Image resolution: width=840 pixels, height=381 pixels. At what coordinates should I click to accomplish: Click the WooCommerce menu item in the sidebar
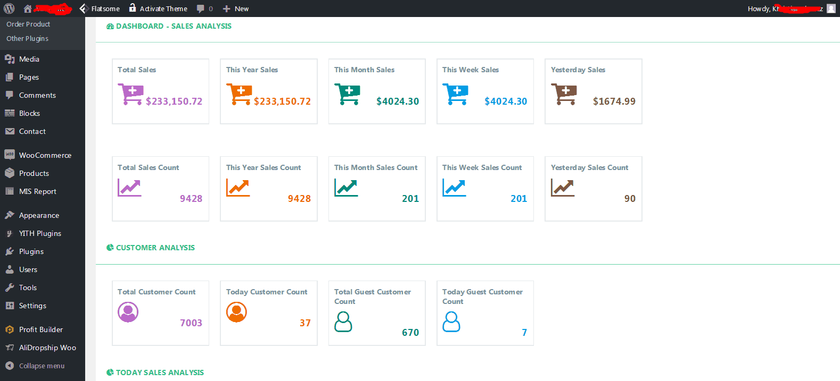[45, 155]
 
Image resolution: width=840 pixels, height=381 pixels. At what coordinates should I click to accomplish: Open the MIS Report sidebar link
[37, 191]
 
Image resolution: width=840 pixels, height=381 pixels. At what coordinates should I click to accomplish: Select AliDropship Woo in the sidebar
[47, 348]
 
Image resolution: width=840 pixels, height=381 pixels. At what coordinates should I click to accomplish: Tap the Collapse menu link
[41, 366]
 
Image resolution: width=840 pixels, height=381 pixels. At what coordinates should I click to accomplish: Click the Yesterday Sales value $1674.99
[614, 101]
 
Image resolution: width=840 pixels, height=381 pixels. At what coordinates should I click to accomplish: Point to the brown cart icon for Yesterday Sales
[564, 94]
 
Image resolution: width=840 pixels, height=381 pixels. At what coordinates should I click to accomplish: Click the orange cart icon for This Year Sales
[239, 94]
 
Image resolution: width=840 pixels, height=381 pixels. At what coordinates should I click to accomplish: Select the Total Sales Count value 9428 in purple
[191, 199]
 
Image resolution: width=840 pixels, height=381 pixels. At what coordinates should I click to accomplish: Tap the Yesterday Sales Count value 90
[630, 199]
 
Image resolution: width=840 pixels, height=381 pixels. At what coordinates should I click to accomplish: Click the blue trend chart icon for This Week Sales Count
[454, 188]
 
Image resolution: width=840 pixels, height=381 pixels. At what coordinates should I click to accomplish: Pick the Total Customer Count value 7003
[191, 323]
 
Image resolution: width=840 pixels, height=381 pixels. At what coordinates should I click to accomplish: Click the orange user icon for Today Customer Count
[236, 312]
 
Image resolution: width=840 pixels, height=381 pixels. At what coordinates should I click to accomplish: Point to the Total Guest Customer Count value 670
[410, 333]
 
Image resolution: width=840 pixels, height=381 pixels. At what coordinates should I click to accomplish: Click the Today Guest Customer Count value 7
[524, 333]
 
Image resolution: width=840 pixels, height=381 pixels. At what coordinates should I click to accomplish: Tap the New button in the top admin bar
[236, 9]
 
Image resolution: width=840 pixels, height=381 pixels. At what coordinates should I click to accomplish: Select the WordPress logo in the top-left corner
[9, 9]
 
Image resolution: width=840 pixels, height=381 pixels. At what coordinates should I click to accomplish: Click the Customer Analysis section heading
[155, 248]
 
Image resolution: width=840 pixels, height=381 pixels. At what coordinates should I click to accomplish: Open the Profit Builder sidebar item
[40, 329]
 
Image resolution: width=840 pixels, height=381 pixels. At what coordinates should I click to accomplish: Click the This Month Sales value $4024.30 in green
[397, 101]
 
